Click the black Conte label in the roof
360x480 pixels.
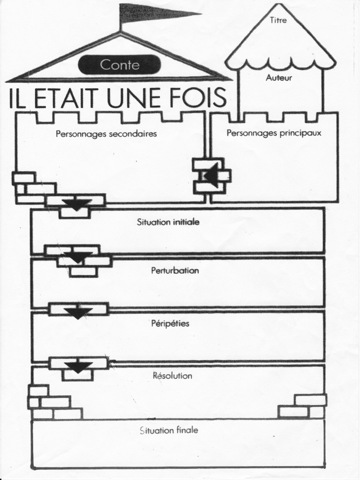tap(120, 65)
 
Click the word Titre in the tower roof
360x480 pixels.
tap(278, 20)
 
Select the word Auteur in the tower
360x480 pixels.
tap(279, 78)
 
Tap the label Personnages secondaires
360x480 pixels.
tap(106, 134)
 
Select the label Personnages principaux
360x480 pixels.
tap(274, 133)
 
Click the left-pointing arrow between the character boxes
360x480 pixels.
tap(212, 176)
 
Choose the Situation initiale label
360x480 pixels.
tap(168, 222)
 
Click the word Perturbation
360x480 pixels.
tap(175, 270)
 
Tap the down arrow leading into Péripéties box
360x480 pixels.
tap(78, 313)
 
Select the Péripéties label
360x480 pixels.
tap(170, 323)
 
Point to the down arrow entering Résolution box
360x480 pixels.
tap(78, 367)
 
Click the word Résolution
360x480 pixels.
tap(172, 375)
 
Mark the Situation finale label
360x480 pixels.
tap(169, 430)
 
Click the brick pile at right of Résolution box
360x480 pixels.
tap(304, 406)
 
